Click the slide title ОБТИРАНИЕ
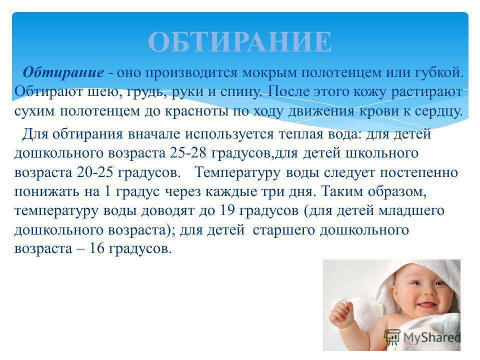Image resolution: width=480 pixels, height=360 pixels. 240,42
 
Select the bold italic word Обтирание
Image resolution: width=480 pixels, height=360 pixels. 63,72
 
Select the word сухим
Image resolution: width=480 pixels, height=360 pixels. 34,111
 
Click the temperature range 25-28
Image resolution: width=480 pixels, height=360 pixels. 188,153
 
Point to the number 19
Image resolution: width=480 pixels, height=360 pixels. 227,210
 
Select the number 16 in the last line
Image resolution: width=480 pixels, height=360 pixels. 96,248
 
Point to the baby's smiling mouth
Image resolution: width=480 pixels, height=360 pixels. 426,305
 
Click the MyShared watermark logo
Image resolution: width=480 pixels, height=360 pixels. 422,338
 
